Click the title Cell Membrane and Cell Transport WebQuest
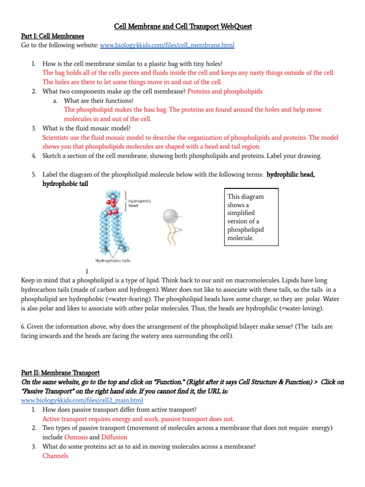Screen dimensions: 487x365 click(183, 26)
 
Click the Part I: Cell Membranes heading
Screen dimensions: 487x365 click(52, 36)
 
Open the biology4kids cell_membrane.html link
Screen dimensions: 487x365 click(167, 45)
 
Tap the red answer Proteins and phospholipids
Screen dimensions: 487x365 click(225, 91)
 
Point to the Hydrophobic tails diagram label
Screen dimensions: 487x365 click(113, 260)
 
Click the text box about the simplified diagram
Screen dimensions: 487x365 click(251, 217)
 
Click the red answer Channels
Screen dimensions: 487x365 click(55, 456)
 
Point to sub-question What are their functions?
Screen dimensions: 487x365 click(98, 100)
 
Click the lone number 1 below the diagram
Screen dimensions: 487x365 click(86, 271)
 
